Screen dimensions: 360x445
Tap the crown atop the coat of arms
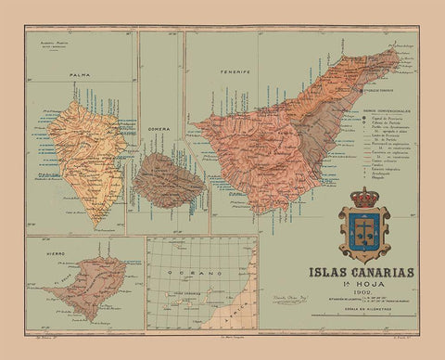[x=362, y=198]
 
